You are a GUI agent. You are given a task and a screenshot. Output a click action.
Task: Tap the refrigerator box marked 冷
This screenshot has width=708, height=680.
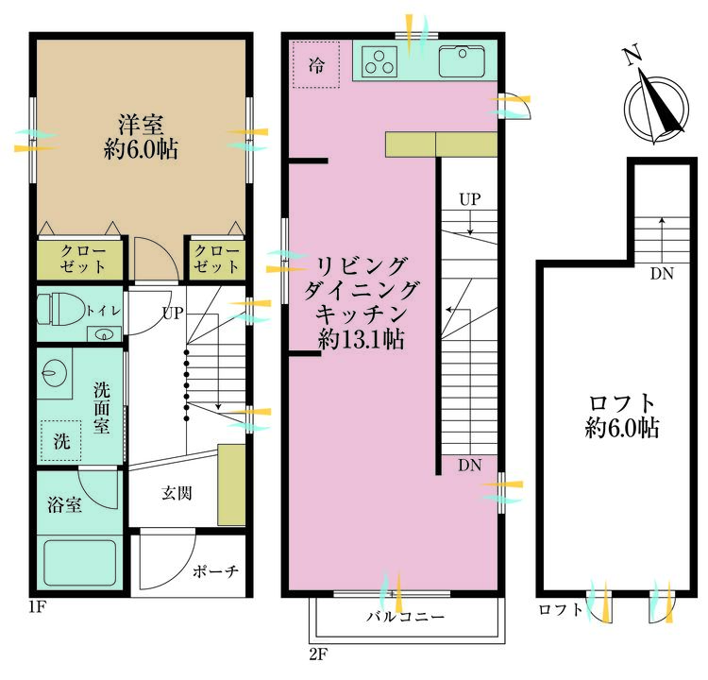[316, 64]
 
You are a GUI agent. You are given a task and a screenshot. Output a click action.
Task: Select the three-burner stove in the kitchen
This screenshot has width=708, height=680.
[379, 61]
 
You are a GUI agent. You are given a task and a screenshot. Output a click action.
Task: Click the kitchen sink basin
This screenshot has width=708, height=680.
[462, 61]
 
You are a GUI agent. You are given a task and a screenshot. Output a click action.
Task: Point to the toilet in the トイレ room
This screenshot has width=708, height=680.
[60, 309]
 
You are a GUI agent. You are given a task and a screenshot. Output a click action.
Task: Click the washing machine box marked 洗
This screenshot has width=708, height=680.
[61, 440]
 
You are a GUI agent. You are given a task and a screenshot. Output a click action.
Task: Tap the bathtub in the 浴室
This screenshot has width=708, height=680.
[80, 563]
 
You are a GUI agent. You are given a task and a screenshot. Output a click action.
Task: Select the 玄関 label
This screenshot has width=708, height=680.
[177, 493]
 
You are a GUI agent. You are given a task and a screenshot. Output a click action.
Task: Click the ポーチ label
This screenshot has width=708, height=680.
[215, 571]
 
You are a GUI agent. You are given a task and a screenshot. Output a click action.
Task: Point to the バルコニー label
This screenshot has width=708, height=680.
[405, 617]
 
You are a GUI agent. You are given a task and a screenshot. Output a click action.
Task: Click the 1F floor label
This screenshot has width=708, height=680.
[38, 606]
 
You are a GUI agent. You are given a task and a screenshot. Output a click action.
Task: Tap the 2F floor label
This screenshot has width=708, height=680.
[318, 654]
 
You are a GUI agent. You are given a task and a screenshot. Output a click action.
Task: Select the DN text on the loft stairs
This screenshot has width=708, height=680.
[662, 273]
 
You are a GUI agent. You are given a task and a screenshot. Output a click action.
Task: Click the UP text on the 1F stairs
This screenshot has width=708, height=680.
[173, 313]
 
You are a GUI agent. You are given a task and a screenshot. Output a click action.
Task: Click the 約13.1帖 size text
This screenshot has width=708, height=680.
[361, 338]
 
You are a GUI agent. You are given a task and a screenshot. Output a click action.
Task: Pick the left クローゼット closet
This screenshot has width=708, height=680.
[80, 260]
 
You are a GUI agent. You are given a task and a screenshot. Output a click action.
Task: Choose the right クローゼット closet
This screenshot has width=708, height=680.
[217, 260]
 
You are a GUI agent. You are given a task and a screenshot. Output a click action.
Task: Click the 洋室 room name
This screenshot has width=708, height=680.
[141, 126]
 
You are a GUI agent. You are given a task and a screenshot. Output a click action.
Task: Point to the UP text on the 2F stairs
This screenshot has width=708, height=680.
[470, 199]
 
